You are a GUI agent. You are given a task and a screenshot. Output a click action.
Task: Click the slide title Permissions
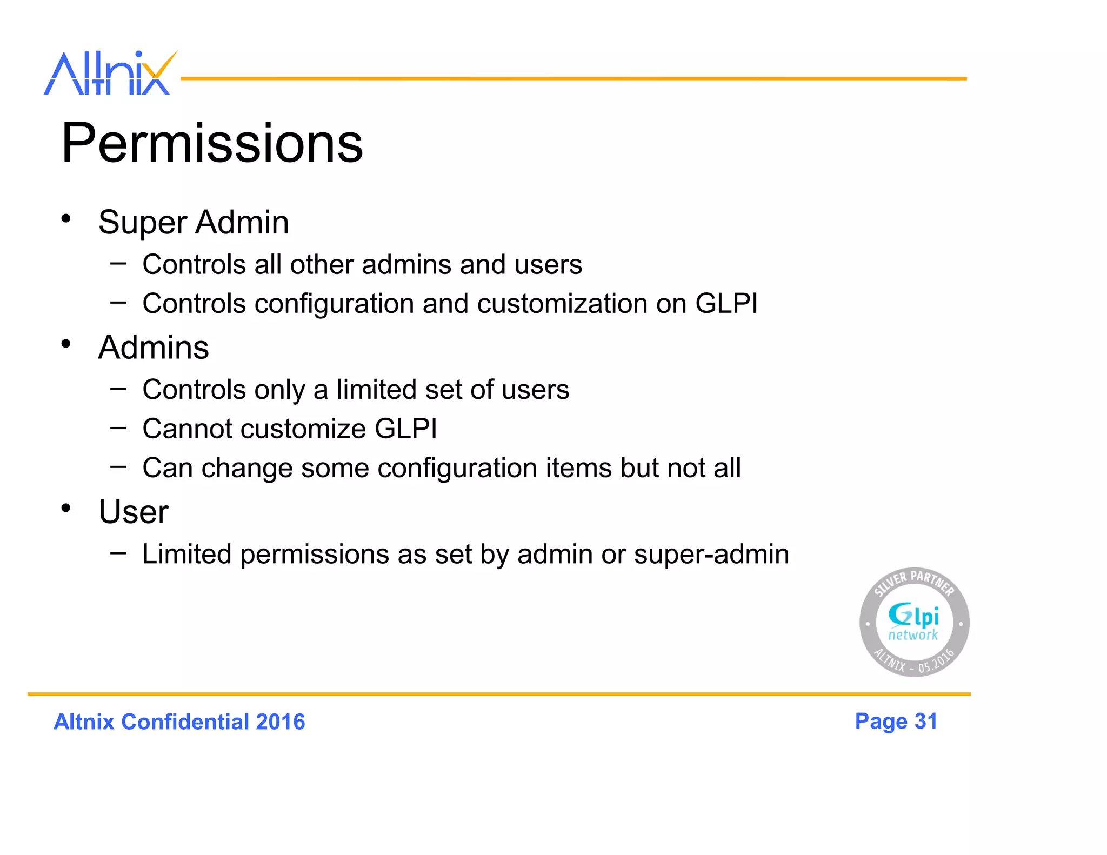point(212,143)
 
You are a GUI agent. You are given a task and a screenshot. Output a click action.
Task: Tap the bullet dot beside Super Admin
point(66,219)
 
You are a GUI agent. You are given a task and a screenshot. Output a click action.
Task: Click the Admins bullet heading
point(154,347)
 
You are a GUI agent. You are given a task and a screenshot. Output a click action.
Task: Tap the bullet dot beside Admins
point(66,344)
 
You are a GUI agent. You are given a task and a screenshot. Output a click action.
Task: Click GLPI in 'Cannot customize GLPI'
point(405,429)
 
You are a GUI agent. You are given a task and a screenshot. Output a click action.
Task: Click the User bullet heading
point(134,511)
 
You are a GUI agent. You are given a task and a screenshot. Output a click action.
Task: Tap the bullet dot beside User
point(66,508)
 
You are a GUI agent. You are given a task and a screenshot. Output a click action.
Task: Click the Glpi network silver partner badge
point(914,622)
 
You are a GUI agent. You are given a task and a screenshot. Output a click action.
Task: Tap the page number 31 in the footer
point(925,721)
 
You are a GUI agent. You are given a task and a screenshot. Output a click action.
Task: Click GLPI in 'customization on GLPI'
point(726,303)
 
